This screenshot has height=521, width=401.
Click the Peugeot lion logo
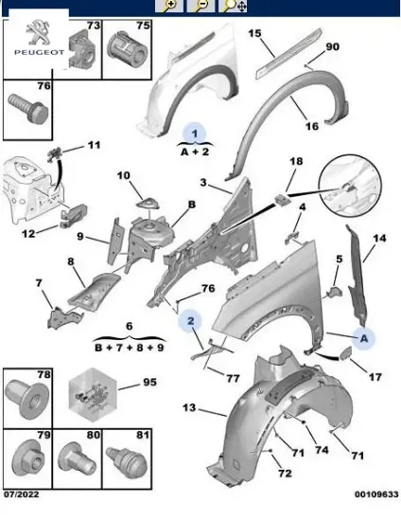tap(39, 32)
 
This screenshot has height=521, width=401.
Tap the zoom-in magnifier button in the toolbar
tap(169, 6)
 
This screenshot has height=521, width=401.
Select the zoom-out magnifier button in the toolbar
tap(200, 6)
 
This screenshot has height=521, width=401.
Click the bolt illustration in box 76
tap(29, 107)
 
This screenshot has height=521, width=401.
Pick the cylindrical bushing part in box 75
tap(128, 48)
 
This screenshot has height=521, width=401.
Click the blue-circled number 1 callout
tap(195, 134)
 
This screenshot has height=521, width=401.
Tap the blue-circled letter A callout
tap(364, 338)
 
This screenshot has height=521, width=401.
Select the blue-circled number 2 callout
tap(190, 320)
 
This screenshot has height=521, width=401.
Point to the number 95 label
tap(149, 382)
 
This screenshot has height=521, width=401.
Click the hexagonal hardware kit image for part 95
tap(93, 395)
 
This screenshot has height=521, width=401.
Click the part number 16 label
tap(311, 126)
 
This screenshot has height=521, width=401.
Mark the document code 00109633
tap(376, 494)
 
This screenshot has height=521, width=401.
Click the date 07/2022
tap(21, 494)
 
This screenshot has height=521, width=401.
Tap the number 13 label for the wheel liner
tap(189, 407)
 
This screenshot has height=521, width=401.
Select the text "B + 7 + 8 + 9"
tap(130, 348)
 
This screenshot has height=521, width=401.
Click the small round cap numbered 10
tap(148, 204)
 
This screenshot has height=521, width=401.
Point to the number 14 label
tap(379, 238)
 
